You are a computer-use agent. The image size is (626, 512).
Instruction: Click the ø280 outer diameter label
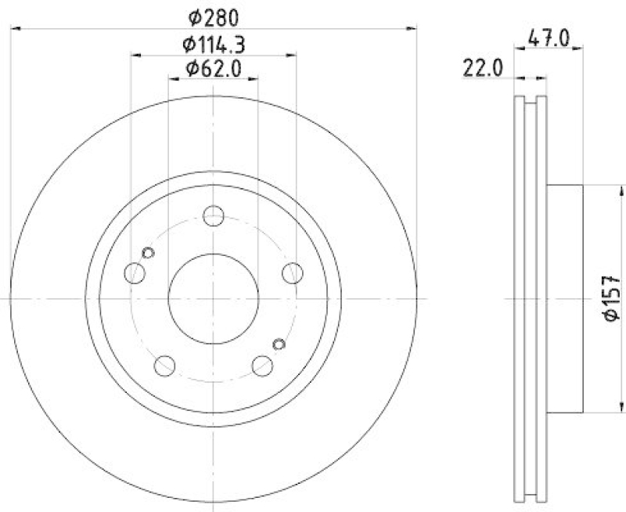[214, 15]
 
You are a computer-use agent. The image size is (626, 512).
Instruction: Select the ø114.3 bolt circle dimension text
[214, 44]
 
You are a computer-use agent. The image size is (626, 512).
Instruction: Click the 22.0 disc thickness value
[482, 69]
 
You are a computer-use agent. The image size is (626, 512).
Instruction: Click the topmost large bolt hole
[213, 216]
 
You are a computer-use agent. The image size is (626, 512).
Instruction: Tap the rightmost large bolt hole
[292, 272]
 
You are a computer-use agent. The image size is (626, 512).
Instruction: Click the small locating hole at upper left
[148, 252]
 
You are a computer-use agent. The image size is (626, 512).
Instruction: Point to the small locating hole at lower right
[279, 343]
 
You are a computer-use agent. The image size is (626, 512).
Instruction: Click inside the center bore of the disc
[213, 298]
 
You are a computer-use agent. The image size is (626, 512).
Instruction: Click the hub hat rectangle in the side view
[563, 298]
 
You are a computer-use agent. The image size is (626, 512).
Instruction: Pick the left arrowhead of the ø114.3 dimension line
[135, 55]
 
